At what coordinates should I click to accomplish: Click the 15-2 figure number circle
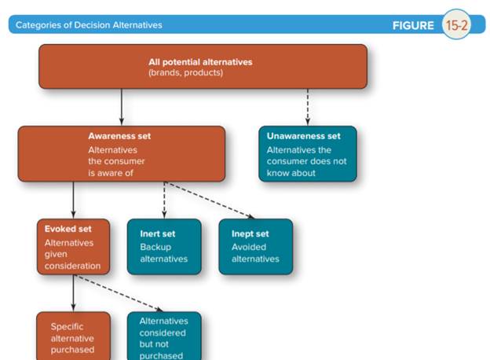tap(456, 25)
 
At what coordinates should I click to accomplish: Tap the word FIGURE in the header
tap(413, 25)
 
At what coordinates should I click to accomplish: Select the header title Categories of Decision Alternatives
tap(89, 25)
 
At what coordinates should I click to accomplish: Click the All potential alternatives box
tap(203, 67)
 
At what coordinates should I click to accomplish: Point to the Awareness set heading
tap(119, 136)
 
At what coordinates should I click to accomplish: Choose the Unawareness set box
tap(307, 154)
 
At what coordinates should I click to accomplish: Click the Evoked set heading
tap(68, 230)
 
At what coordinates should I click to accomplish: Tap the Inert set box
tap(164, 246)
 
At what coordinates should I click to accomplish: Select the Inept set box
tap(255, 246)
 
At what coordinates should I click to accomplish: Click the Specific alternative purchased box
tap(73, 337)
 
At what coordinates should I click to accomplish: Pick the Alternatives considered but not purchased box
tap(164, 337)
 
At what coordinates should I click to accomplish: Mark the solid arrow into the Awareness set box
tap(122, 107)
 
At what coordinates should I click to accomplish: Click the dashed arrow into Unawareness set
tap(307, 107)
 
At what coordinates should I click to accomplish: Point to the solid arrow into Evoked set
tap(73, 200)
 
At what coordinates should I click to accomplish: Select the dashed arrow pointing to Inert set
tap(164, 200)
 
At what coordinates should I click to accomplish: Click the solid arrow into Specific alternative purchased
tap(73, 293)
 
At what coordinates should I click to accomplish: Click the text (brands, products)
tap(185, 73)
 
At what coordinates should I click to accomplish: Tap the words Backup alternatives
tap(163, 253)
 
